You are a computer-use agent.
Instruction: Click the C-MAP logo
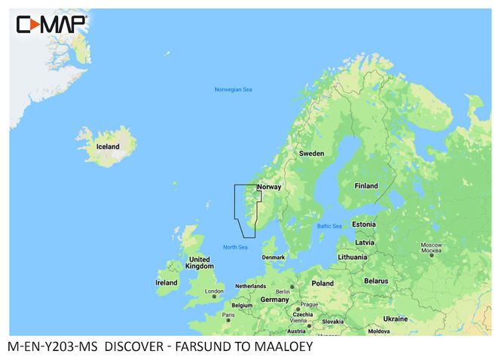51,26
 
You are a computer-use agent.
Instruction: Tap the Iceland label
107,146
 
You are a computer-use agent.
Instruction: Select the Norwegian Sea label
233,90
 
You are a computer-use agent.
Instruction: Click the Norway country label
269,187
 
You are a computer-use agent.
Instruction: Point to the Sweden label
311,153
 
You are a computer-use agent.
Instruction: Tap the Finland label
366,185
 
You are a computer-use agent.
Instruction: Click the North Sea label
235,247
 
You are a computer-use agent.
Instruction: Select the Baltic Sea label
329,226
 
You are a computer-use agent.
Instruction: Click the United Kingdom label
200,262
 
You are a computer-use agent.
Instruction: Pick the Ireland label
166,282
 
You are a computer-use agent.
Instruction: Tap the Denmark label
273,257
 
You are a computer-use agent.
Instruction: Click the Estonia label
363,224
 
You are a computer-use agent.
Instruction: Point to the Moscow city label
430,248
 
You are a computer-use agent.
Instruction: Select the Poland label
322,283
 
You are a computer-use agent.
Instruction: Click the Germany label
274,299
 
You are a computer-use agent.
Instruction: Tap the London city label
215,291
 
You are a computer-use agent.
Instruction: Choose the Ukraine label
396,319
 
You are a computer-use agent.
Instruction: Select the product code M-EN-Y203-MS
52,348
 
